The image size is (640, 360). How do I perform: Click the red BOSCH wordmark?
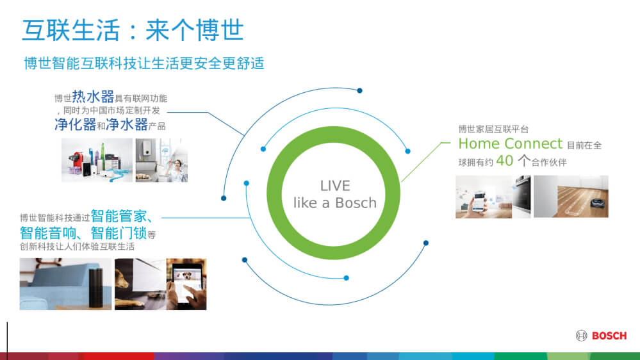click(609, 336)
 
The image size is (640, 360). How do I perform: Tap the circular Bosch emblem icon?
click(581, 336)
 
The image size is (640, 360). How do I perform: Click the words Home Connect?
click(510, 143)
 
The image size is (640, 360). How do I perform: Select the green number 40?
click(504, 161)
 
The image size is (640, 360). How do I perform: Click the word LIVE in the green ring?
click(335, 186)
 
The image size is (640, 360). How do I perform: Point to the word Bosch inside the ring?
click(356, 203)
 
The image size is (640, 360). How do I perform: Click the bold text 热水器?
click(93, 97)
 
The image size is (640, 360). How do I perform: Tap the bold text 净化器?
click(76, 124)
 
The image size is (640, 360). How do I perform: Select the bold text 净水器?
click(127, 124)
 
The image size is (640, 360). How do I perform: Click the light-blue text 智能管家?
click(119, 216)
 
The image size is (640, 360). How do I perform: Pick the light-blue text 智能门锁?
click(119, 233)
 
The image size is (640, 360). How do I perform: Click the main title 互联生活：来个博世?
click(133, 30)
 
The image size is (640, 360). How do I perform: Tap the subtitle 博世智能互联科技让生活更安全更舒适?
click(144, 63)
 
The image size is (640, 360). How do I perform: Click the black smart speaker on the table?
click(96, 288)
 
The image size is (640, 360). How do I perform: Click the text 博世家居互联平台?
click(493, 129)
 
